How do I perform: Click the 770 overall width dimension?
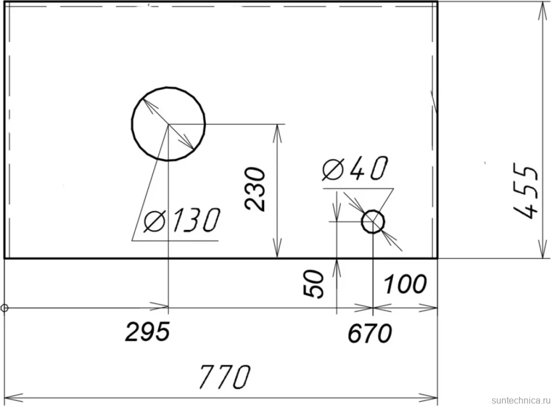tap(225, 377)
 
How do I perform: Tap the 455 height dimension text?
tap(526, 191)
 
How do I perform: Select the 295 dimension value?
tap(147, 332)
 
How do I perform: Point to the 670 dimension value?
tap(370, 333)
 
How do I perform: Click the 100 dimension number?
tap(405, 285)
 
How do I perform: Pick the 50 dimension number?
tap(314, 285)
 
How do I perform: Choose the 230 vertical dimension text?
tap(256, 190)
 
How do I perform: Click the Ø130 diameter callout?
tap(182, 220)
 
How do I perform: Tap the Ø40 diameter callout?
tap(355, 168)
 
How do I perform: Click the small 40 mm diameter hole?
tap(373, 211)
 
